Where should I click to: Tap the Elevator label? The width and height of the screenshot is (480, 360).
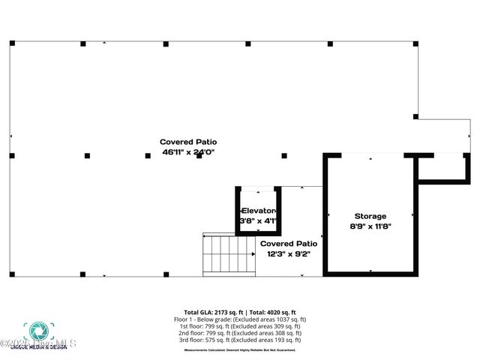tap(259, 211)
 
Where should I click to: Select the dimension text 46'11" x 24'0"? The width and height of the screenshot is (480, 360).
tap(183, 151)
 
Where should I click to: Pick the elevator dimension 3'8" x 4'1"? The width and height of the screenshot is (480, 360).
tap(259, 221)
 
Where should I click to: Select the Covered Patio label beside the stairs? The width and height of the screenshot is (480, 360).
tap(288, 244)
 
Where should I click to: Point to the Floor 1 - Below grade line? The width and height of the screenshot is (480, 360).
tap(240, 319)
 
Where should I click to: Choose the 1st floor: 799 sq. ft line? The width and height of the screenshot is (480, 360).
tap(240, 326)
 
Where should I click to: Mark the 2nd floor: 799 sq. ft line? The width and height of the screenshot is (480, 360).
tap(240, 333)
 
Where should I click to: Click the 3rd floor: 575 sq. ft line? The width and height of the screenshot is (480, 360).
tap(240, 340)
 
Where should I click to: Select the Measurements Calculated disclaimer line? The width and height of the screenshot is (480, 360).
tap(240, 349)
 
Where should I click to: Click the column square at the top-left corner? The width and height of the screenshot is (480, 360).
tap(12, 43)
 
